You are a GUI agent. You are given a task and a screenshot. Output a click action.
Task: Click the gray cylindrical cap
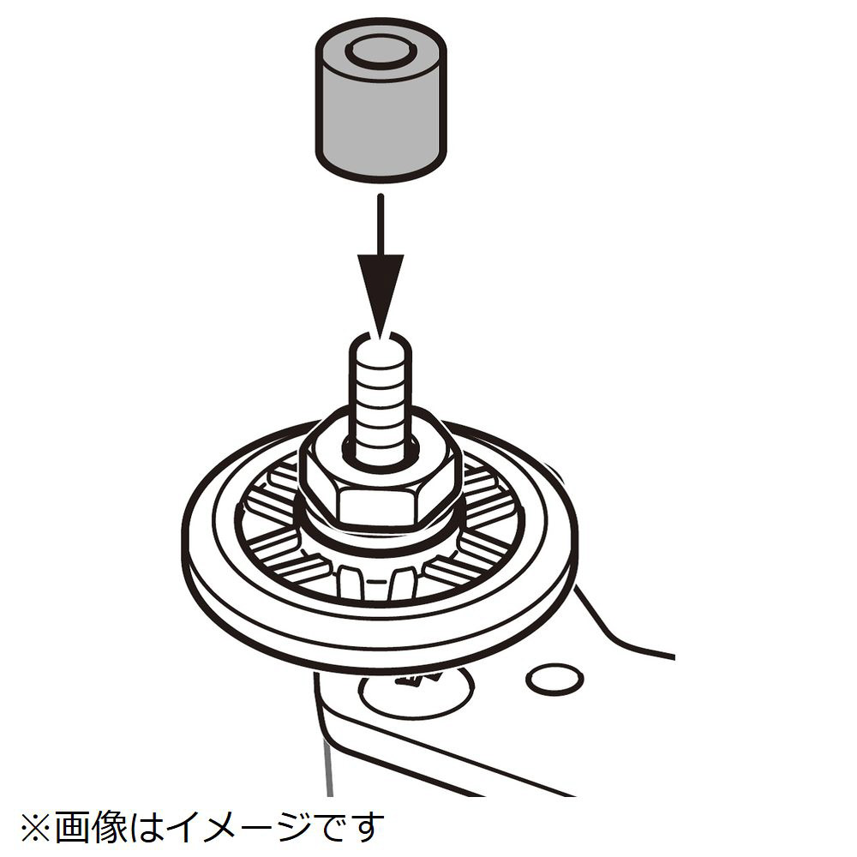[x=381, y=104]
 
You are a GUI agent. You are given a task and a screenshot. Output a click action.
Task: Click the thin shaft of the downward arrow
[x=381, y=224]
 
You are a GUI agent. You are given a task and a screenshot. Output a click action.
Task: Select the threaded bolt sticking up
[x=380, y=399]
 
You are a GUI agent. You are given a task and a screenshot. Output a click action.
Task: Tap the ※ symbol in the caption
[x=36, y=828]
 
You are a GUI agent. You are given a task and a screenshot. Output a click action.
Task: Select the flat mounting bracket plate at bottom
[x=492, y=727]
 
